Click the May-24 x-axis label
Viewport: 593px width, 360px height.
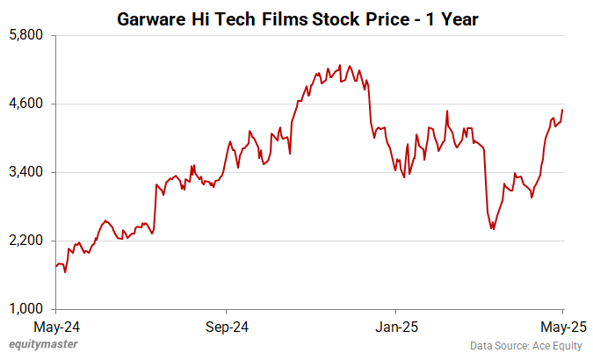pos(55,328)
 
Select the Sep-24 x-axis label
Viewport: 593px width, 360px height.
pos(226,328)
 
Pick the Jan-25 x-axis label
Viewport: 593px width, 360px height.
pos(395,328)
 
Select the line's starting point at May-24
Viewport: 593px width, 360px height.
pos(56,266)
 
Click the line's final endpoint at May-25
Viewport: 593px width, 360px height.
pos(563,110)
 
